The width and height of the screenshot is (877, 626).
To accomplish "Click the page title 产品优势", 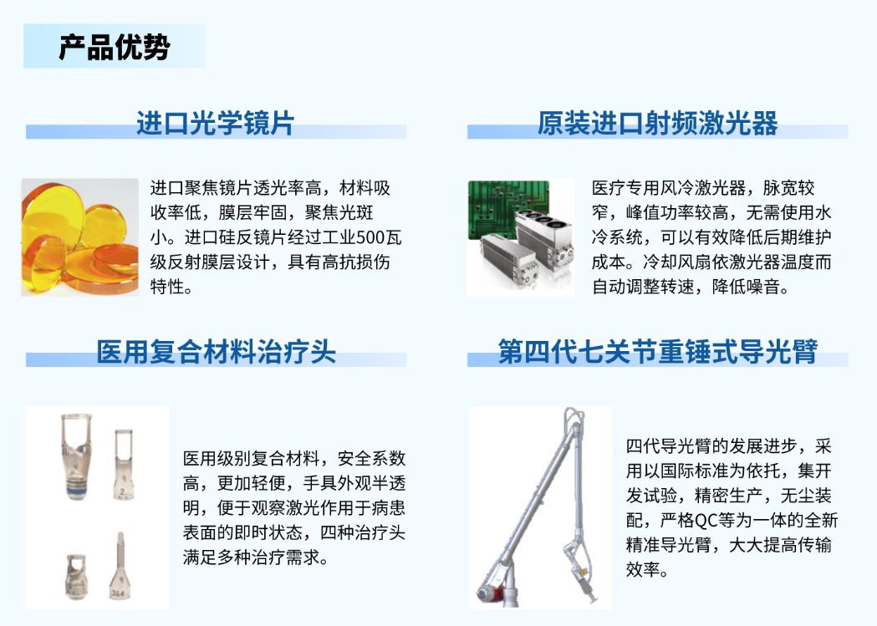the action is click(114, 47).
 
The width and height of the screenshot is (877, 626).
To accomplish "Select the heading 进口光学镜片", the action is click(216, 123).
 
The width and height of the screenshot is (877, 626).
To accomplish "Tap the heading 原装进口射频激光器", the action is click(658, 123).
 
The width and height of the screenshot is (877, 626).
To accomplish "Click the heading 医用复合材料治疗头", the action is click(216, 352).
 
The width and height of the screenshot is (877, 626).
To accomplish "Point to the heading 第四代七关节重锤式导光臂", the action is click(658, 352).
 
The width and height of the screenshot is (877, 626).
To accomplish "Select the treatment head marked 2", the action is click(123, 464).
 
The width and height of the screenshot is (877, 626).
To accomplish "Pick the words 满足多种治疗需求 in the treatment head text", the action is click(251, 557).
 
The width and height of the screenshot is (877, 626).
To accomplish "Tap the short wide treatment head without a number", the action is click(76, 576).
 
